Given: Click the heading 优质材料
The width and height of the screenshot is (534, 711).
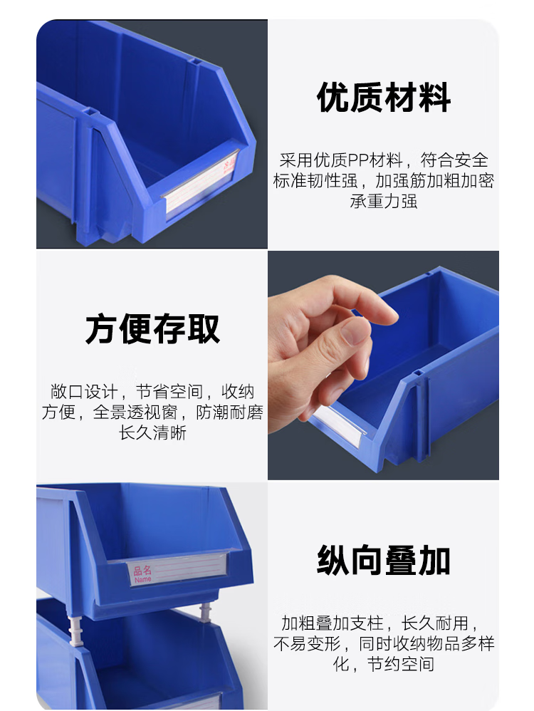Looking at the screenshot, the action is click(384, 98).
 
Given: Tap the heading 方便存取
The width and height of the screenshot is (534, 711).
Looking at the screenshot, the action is click(152, 328).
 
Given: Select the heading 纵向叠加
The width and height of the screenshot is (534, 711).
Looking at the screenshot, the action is click(384, 561).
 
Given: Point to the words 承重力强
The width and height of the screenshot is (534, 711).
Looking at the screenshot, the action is click(384, 201).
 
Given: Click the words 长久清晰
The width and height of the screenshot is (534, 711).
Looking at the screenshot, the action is click(152, 432).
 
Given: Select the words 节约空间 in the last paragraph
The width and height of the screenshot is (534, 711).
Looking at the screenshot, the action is click(401, 664).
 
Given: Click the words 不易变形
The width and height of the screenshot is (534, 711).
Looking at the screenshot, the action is click(307, 643).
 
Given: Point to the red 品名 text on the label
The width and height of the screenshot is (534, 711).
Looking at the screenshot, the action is click(142, 570).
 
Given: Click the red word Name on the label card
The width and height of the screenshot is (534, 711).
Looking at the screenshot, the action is click(143, 579).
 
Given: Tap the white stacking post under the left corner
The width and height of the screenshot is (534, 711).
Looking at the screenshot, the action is click(75, 630).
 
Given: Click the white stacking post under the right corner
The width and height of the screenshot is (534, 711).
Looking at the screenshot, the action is click(205, 612).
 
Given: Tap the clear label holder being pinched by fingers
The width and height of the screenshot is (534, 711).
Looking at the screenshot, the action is click(337, 423).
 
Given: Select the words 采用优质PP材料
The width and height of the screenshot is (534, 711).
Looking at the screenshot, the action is click(341, 160).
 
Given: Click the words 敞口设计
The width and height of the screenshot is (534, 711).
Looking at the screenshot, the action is click(84, 391).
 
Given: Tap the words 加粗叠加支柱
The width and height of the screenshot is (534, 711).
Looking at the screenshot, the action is click(333, 623).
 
